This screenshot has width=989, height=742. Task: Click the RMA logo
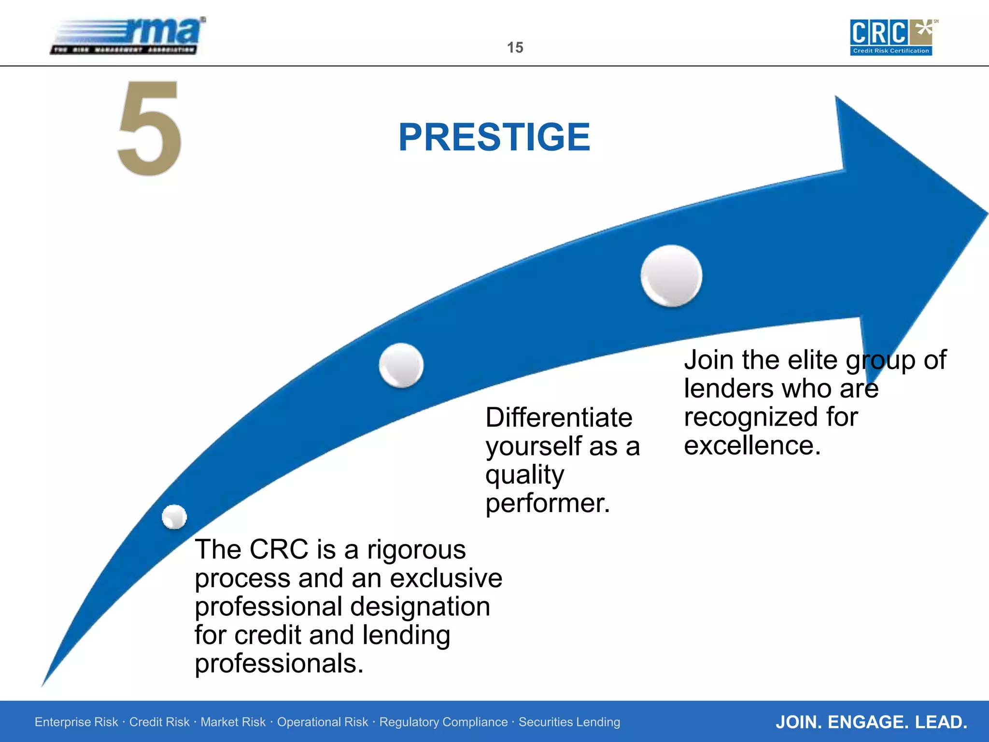click(128, 36)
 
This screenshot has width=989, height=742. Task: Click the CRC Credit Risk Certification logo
click(891, 37)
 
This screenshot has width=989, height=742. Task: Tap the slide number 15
click(515, 47)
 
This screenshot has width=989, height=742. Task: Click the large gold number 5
click(150, 128)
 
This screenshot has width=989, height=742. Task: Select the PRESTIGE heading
click(494, 137)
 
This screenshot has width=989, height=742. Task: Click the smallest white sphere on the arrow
click(174, 517)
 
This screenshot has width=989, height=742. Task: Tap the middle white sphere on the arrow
click(401, 365)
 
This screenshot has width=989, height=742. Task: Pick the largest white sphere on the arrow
click(671, 275)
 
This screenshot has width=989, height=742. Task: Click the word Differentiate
click(559, 417)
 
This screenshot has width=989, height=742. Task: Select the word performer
click(548, 503)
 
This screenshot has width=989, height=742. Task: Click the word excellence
click(752, 445)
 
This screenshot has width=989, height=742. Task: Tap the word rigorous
click(416, 550)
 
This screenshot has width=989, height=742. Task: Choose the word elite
click(812, 360)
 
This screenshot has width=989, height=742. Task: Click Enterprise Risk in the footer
click(76, 722)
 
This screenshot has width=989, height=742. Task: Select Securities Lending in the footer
click(569, 722)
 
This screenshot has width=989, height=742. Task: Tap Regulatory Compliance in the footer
click(443, 722)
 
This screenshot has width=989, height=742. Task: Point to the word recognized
click(771, 417)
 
